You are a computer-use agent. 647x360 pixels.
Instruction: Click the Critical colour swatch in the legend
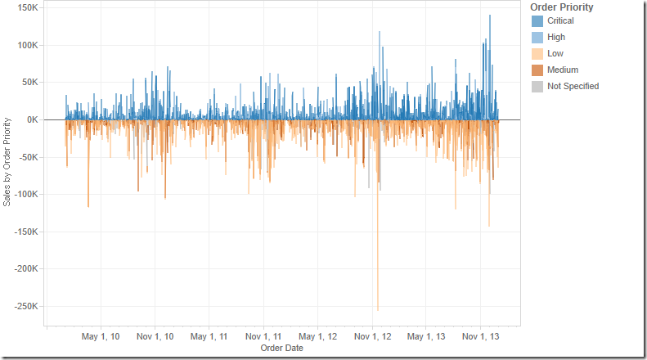pos(537,20)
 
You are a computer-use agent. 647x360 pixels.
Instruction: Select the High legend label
pos(556,37)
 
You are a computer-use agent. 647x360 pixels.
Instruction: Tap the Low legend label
pos(555,53)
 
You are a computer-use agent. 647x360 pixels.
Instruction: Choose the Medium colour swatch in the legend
pos(537,70)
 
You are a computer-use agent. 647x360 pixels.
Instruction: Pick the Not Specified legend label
pos(573,86)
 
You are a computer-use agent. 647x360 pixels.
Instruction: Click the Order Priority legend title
pos(562,7)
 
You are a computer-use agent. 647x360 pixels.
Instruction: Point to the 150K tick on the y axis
pos(27,7)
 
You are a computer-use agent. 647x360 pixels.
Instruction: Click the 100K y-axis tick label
pos(27,45)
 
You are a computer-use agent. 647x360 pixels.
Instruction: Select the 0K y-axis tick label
pos(32,119)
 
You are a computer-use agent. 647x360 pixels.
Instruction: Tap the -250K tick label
pos(25,306)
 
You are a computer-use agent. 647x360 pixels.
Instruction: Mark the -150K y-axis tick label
pos(25,232)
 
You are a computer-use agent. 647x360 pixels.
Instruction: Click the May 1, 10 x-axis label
pos(101,336)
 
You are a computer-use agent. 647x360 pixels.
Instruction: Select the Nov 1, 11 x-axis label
pos(263,336)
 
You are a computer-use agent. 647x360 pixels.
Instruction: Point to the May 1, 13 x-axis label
pos(426,336)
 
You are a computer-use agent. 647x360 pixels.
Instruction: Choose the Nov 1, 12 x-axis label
pos(372,336)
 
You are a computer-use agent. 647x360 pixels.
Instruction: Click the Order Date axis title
pos(281,349)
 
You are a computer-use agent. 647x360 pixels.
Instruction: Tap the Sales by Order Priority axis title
pos(7,161)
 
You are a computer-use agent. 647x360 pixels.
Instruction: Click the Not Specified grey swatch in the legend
pos(537,86)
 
